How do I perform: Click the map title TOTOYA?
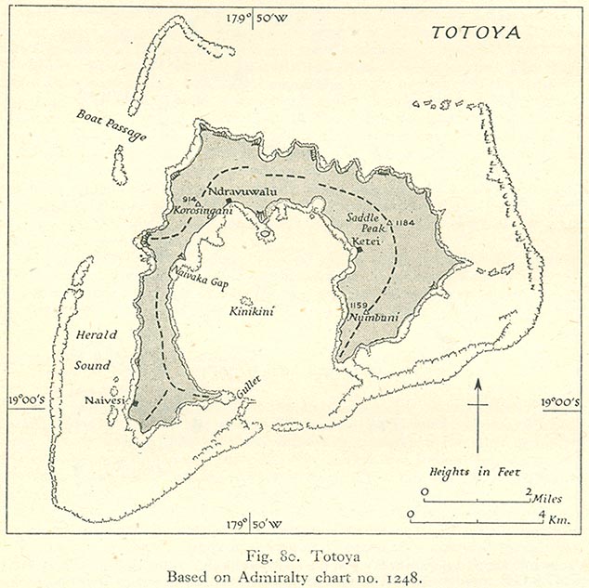coord(475,32)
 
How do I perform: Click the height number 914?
coord(190,197)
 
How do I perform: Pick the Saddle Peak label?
coord(363,223)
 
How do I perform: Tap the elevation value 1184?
coord(402,223)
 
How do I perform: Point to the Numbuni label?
coord(371,318)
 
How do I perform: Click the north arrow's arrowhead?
coord(478,384)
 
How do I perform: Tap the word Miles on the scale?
coord(548,499)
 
